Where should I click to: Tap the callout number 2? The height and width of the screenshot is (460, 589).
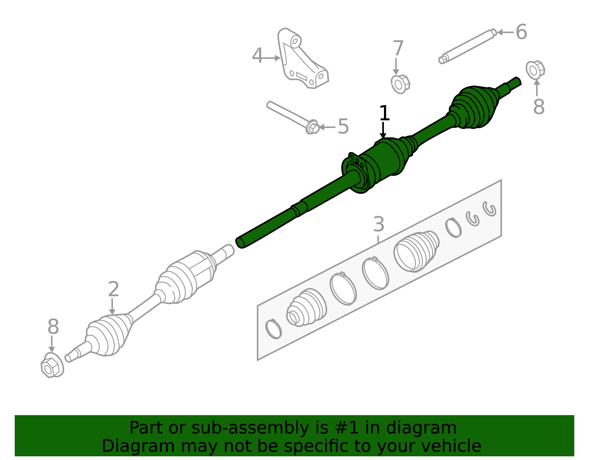(113, 289)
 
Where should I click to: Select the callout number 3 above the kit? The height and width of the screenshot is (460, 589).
(378, 225)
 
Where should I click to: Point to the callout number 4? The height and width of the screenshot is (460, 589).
(258, 56)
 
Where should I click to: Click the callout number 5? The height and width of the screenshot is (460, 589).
(343, 127)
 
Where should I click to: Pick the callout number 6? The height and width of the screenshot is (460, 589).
(521, 32)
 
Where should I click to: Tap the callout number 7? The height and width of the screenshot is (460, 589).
(398, 49)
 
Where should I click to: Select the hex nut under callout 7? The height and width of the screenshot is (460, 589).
(400, 84)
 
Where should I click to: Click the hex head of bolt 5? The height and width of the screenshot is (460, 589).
(312, 127)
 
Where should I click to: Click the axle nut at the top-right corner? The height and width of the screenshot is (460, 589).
(535, 70)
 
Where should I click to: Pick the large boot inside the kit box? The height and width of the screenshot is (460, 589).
(416, 251)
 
